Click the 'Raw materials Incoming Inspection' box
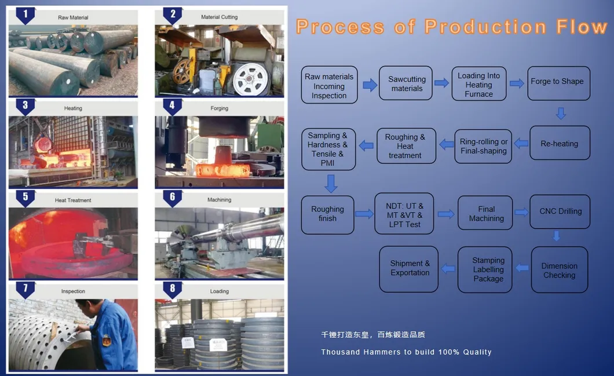click(329, 86)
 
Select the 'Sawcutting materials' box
click(407, 84)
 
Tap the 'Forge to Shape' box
click(557, 82)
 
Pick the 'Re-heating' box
click(560, 144)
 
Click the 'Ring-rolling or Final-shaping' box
click(483, 146)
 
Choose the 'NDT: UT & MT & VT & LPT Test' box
click(404, 214)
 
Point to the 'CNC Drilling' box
click(560, 211)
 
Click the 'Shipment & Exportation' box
click(410, 268)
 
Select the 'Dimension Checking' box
click(559, 271)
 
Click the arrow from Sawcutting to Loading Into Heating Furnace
click(441, 83)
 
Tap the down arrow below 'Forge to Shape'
click(560, 113)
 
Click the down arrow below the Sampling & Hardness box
click(330, 184)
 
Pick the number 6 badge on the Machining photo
click(172, 198)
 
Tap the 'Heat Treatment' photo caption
click(73, 200)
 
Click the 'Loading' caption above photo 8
click(220, 291)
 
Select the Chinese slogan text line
click(373, 335)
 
